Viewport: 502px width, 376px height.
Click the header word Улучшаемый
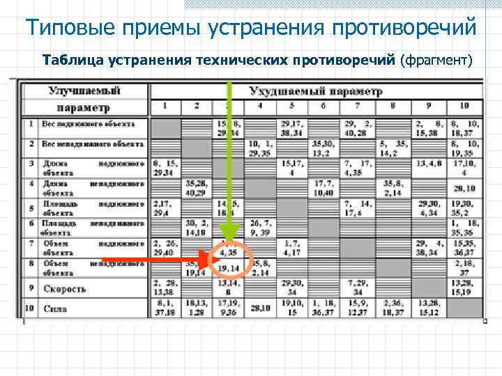click(84, 91)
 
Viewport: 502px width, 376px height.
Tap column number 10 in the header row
click(464, 106)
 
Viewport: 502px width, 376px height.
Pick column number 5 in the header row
click(291, 106)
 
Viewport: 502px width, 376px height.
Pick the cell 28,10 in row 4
click(464, 188)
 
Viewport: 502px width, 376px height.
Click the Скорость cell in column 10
click(464, 288)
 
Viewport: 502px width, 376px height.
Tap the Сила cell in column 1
click(165, 307)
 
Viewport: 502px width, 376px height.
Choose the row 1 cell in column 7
click(358, 128)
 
